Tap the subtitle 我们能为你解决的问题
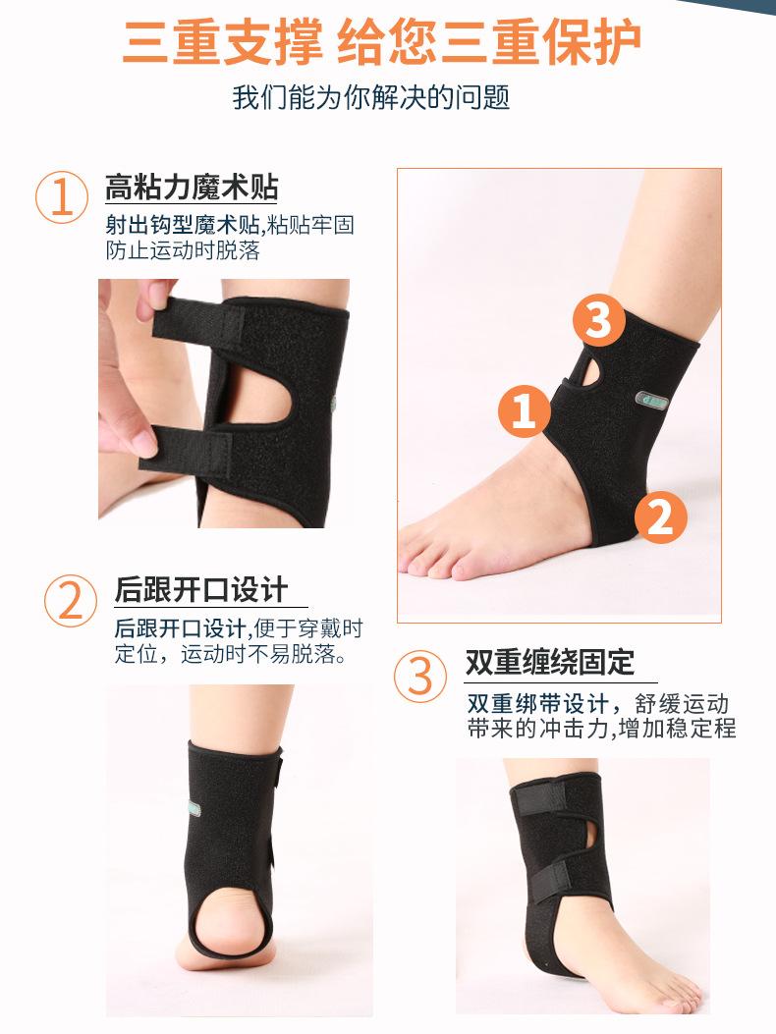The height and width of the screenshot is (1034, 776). pyautogui.click(x=371, y=98)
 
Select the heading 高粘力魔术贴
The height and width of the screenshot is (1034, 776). pyautogui.click(x=192, y=187)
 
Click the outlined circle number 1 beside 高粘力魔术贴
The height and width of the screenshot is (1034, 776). pyautogui.click(x=62, y=196)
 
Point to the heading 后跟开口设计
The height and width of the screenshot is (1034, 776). pyautogui.click(x=201, y=589)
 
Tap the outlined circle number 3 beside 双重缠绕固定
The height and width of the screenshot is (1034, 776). pyautogui.click(x=420, y=675)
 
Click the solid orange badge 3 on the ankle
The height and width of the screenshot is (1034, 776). pyautogui.click(x=598, y=320)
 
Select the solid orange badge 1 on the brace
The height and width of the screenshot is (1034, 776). pyautogui.click(x=525, y=410)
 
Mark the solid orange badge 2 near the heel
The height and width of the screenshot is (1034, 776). pyautogui.click(x=660, y=517)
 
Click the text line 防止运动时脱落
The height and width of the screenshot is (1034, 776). pyautogui.click(x=183, y=250)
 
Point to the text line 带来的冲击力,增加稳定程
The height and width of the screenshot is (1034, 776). pyautogui.click(x=601, y=730)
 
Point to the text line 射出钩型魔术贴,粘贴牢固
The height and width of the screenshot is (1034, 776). pyautogui.click(x=230, y=225)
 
